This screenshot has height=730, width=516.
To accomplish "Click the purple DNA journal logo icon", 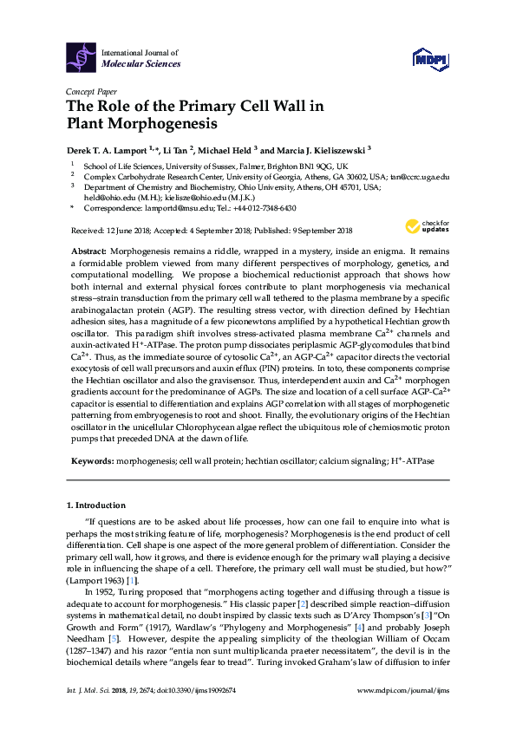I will pyautogui.click(x=81, y=57).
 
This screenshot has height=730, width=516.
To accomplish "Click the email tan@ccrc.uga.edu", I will pyautogui.click(x=420, y=176).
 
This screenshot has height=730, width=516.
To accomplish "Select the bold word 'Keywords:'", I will pyautogui.click(x=92, y=463).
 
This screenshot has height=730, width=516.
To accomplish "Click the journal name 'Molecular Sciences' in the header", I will pyautogui.click(x=141, y=63).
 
